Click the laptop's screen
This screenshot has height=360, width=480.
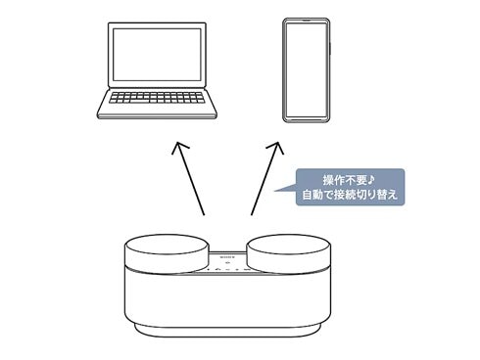pos(157,55)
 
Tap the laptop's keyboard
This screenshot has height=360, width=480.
pos(157,98)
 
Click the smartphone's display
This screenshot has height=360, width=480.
pos(306,70)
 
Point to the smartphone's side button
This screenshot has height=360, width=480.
pos(330,49)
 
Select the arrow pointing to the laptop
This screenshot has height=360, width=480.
pos(190,179)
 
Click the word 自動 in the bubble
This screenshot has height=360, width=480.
pos(313,195)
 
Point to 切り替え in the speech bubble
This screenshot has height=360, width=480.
pos(376,195)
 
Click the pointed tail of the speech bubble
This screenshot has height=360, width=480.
pos(275,191)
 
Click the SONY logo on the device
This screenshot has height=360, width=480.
pos(227,257)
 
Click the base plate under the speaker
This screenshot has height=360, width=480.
pos(227,330)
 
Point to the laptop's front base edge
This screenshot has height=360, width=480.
pos(157,115)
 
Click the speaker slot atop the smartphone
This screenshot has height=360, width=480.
pos(307,20)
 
